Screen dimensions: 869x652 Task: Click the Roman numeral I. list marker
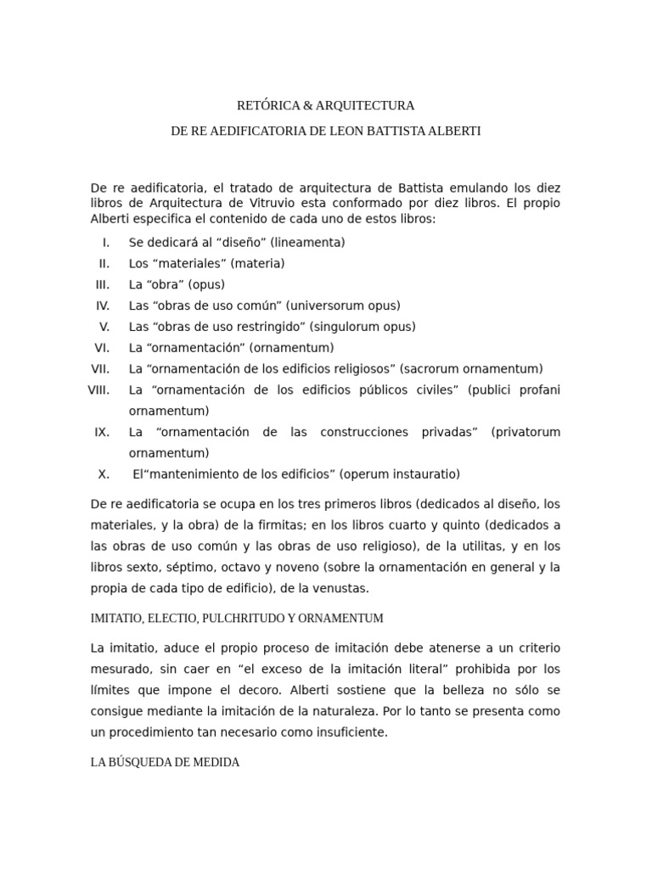105,242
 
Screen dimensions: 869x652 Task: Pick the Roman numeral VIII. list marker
99,390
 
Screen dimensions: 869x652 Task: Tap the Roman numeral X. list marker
104,474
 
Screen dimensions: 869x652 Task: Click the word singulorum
350,326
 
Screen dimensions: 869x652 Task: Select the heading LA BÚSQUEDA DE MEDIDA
165,762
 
